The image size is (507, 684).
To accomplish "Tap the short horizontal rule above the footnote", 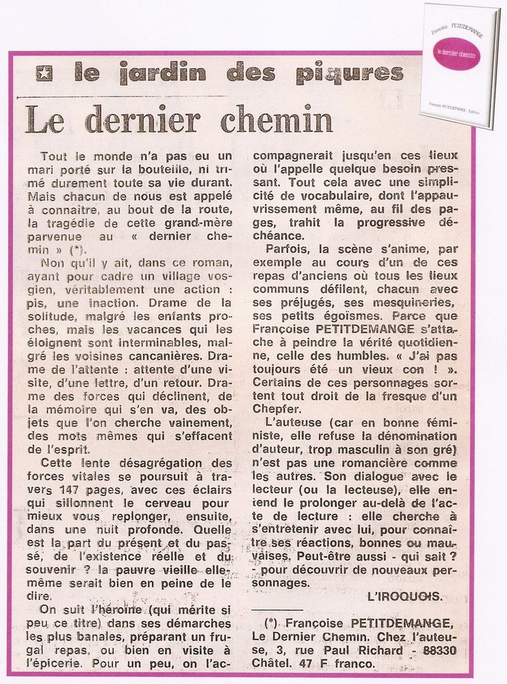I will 277,608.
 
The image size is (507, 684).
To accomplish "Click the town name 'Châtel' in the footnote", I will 274,664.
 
